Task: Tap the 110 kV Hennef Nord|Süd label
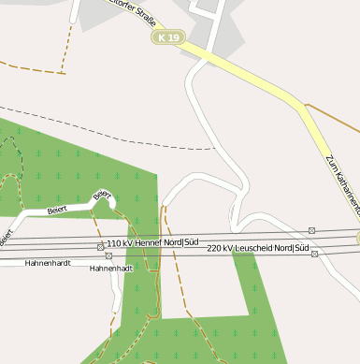coord(152,243)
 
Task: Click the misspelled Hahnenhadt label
coord(111,269)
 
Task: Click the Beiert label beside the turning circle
coord(101,195)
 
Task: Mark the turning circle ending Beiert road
coord(110,200)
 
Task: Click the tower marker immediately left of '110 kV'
coord(100,246)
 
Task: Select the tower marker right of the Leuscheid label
coord(315,253)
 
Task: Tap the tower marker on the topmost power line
coord(311,230)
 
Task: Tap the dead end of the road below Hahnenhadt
coord(114,312)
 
